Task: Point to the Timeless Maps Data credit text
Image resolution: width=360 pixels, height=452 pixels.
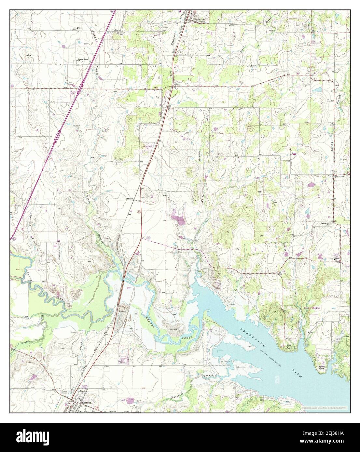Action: pyautogui.click(x=324, y=407)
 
